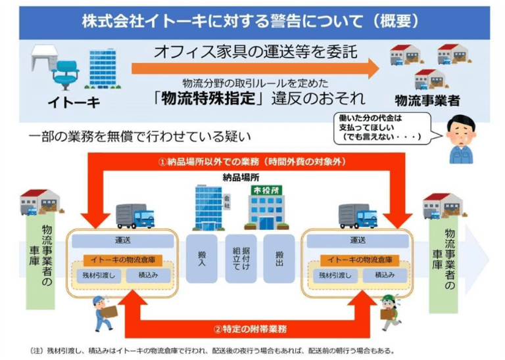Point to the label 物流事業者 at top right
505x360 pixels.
[x=427, y=101]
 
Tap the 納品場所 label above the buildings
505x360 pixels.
[x=241, y=177]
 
